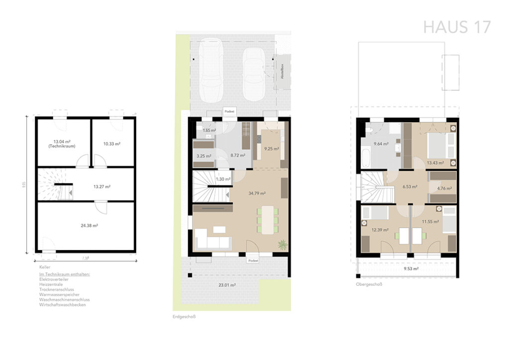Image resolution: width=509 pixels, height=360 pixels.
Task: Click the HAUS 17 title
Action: (x=457, y=27)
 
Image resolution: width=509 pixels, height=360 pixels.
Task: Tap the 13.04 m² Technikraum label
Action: (x=63, y=144)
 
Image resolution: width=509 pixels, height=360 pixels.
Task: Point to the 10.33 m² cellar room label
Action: (x=112, y=144)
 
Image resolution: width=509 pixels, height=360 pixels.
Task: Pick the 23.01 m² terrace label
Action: (x=226, y=285)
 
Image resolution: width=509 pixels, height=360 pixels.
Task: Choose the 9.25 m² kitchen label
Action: (x=271, y=148)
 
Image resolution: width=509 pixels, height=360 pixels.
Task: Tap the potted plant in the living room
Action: (x=282, y=244)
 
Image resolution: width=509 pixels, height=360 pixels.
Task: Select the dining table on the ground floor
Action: (x=267, y=219)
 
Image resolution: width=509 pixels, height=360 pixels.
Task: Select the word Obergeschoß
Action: (x=368, y=285)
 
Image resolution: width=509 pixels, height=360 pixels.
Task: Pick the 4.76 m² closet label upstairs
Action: (x=443, y=188)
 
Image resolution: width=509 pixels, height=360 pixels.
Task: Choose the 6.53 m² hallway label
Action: (x=409, y=187)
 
